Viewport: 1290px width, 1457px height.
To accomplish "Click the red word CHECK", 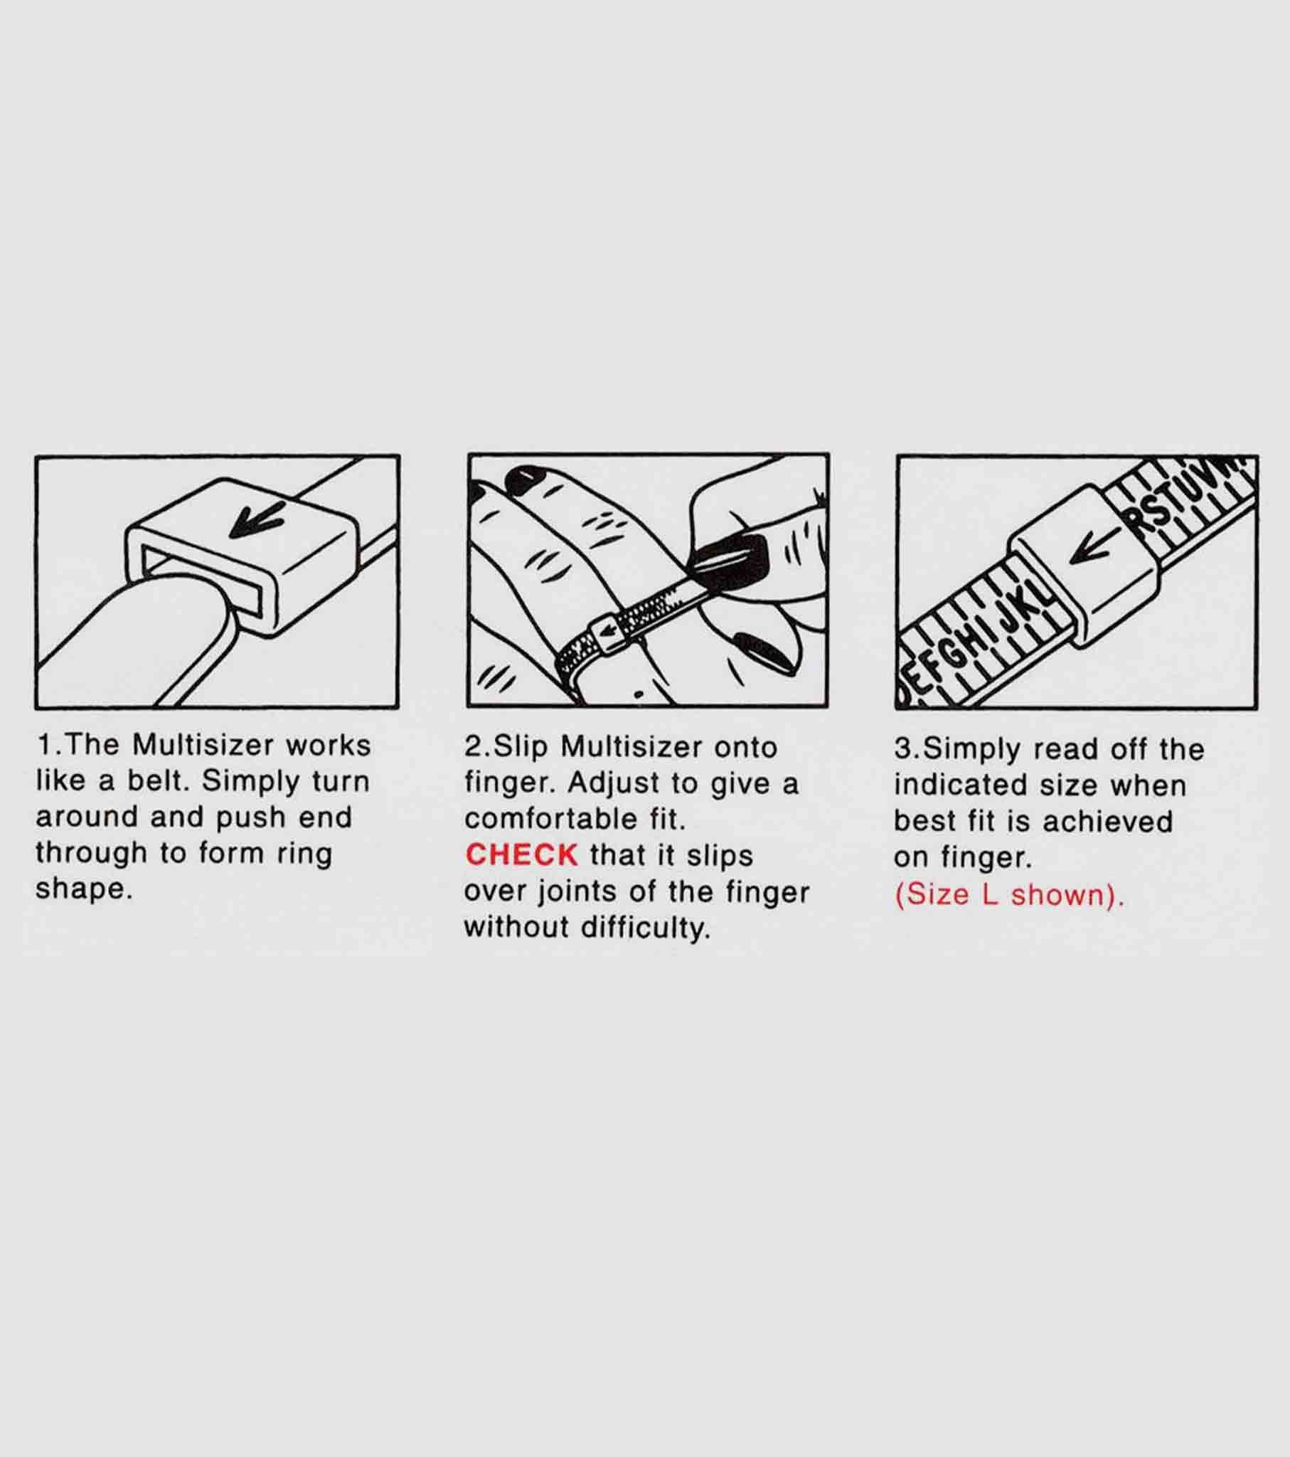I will pos(521,854).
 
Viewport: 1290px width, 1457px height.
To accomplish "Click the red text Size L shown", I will pos(1009,895).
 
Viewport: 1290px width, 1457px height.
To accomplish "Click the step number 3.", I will pos(904,749).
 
